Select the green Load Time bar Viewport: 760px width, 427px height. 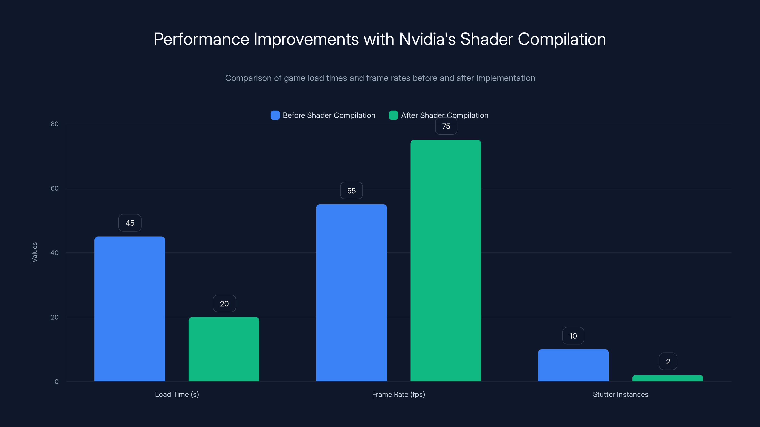pyautogui.click(x=224, y=349)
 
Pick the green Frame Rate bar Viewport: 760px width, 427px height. pyautogui.click(x=446, y=260)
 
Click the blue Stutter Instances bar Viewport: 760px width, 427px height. pyautogui.click(x=573, y=365)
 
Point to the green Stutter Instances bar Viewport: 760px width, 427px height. pyautogui.click(x=668, y=378)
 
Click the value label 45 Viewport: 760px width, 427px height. pyautogui.click(x=130, y=223)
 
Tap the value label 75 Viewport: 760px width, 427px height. pyautogui.click(x=446, y=126)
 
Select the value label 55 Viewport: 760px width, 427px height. pyautogui.click(x=351, y=191)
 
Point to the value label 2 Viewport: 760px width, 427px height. pyautogui.click(x=668, y=361)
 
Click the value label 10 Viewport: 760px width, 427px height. pyautogui.click(x=573, y=336)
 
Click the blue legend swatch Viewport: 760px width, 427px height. pyautogui.click(x=275, y=115)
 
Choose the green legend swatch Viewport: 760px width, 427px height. pyautogui.click(x=393, y=115)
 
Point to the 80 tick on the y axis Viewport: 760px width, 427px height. pyautogui.click(x=55, y=124)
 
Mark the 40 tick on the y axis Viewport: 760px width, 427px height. pyautogui.click(x=55, y=253)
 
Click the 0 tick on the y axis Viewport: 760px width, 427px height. pyautogui.click(x=56, y=382)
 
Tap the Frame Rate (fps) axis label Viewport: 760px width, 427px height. pyautogui.click(x=398, y=394)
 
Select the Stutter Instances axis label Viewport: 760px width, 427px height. pyautogui.click(x=620, y=394)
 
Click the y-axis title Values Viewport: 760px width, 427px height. pyautogui.click(x=34, y=252)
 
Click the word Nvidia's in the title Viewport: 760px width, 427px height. pyautogui.click(x=427, y=39)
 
